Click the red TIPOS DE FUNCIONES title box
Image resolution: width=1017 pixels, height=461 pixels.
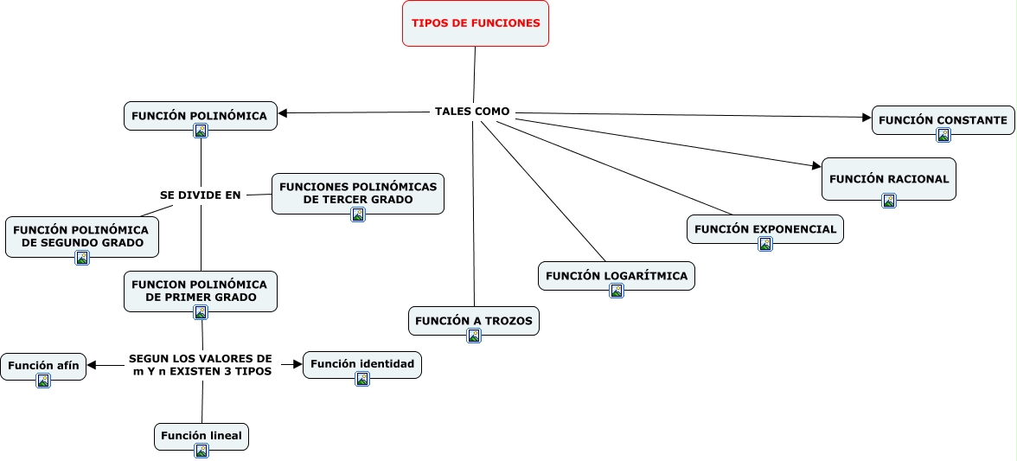[476, 23]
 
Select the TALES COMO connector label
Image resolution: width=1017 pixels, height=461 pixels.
[472, 112]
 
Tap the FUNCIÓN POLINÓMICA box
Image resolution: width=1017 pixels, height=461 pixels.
[201, 116]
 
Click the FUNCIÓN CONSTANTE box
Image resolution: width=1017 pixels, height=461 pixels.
[943, 120]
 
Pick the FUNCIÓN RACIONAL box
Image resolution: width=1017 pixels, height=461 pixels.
[889, 179]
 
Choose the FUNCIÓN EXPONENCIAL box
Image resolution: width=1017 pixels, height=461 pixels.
[765, 229]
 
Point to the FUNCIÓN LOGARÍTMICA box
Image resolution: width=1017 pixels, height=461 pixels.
[616, 276]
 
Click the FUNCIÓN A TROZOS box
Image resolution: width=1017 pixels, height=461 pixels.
[474, 321]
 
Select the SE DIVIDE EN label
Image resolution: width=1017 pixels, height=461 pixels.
[201, 195]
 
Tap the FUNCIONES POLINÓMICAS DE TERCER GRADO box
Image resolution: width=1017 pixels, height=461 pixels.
[358, 193]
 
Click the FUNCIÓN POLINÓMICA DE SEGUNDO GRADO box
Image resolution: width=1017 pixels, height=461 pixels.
[81, 237]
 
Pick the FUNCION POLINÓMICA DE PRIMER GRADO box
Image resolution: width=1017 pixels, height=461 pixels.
[201, 291]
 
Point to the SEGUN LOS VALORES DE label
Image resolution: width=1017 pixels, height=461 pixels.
[201, 359]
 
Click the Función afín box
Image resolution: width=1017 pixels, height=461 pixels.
[43, 366]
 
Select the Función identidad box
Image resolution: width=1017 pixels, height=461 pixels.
[361, 364]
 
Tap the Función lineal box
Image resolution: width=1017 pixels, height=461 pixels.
[201, 437]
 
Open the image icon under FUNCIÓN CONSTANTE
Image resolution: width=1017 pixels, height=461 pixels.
[943, 135]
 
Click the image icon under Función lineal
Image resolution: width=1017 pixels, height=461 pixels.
[201, 451]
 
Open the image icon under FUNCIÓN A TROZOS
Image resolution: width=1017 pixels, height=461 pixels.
[474, 336]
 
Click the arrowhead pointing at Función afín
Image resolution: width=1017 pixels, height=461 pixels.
[92, 365]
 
